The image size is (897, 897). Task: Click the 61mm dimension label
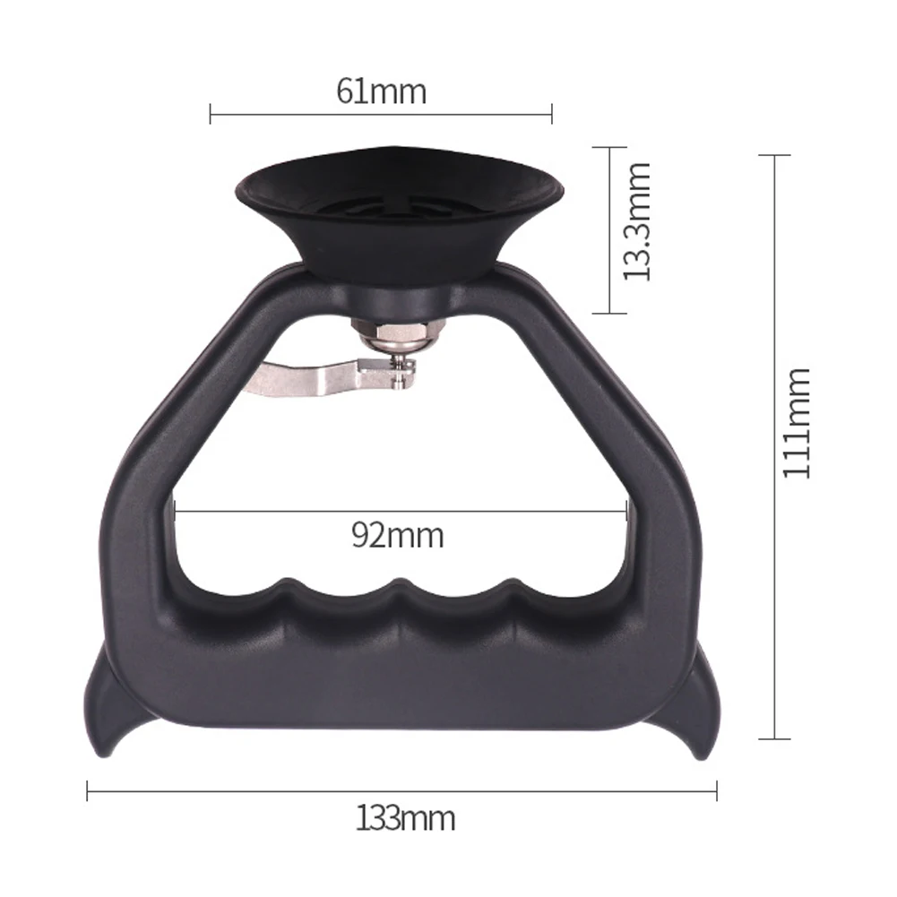coord(381,91)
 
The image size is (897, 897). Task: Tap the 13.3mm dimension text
coord(636,221)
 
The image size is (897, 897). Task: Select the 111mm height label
coord(796,423)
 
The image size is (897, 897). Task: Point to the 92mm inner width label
coord(398,536)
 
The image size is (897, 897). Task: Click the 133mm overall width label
coord(406,818)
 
